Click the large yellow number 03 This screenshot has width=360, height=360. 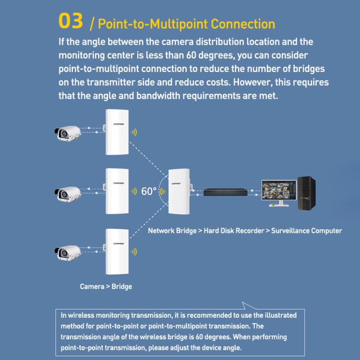tap(70, 22)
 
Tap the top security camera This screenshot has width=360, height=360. tap(66, 132)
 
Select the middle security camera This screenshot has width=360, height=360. tap(66, 192)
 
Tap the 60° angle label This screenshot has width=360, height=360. tap(149, 192)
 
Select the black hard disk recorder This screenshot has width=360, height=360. tap(225, 192)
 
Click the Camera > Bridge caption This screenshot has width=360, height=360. tap(106, 287)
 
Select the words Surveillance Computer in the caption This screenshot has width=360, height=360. tap(306, 231)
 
